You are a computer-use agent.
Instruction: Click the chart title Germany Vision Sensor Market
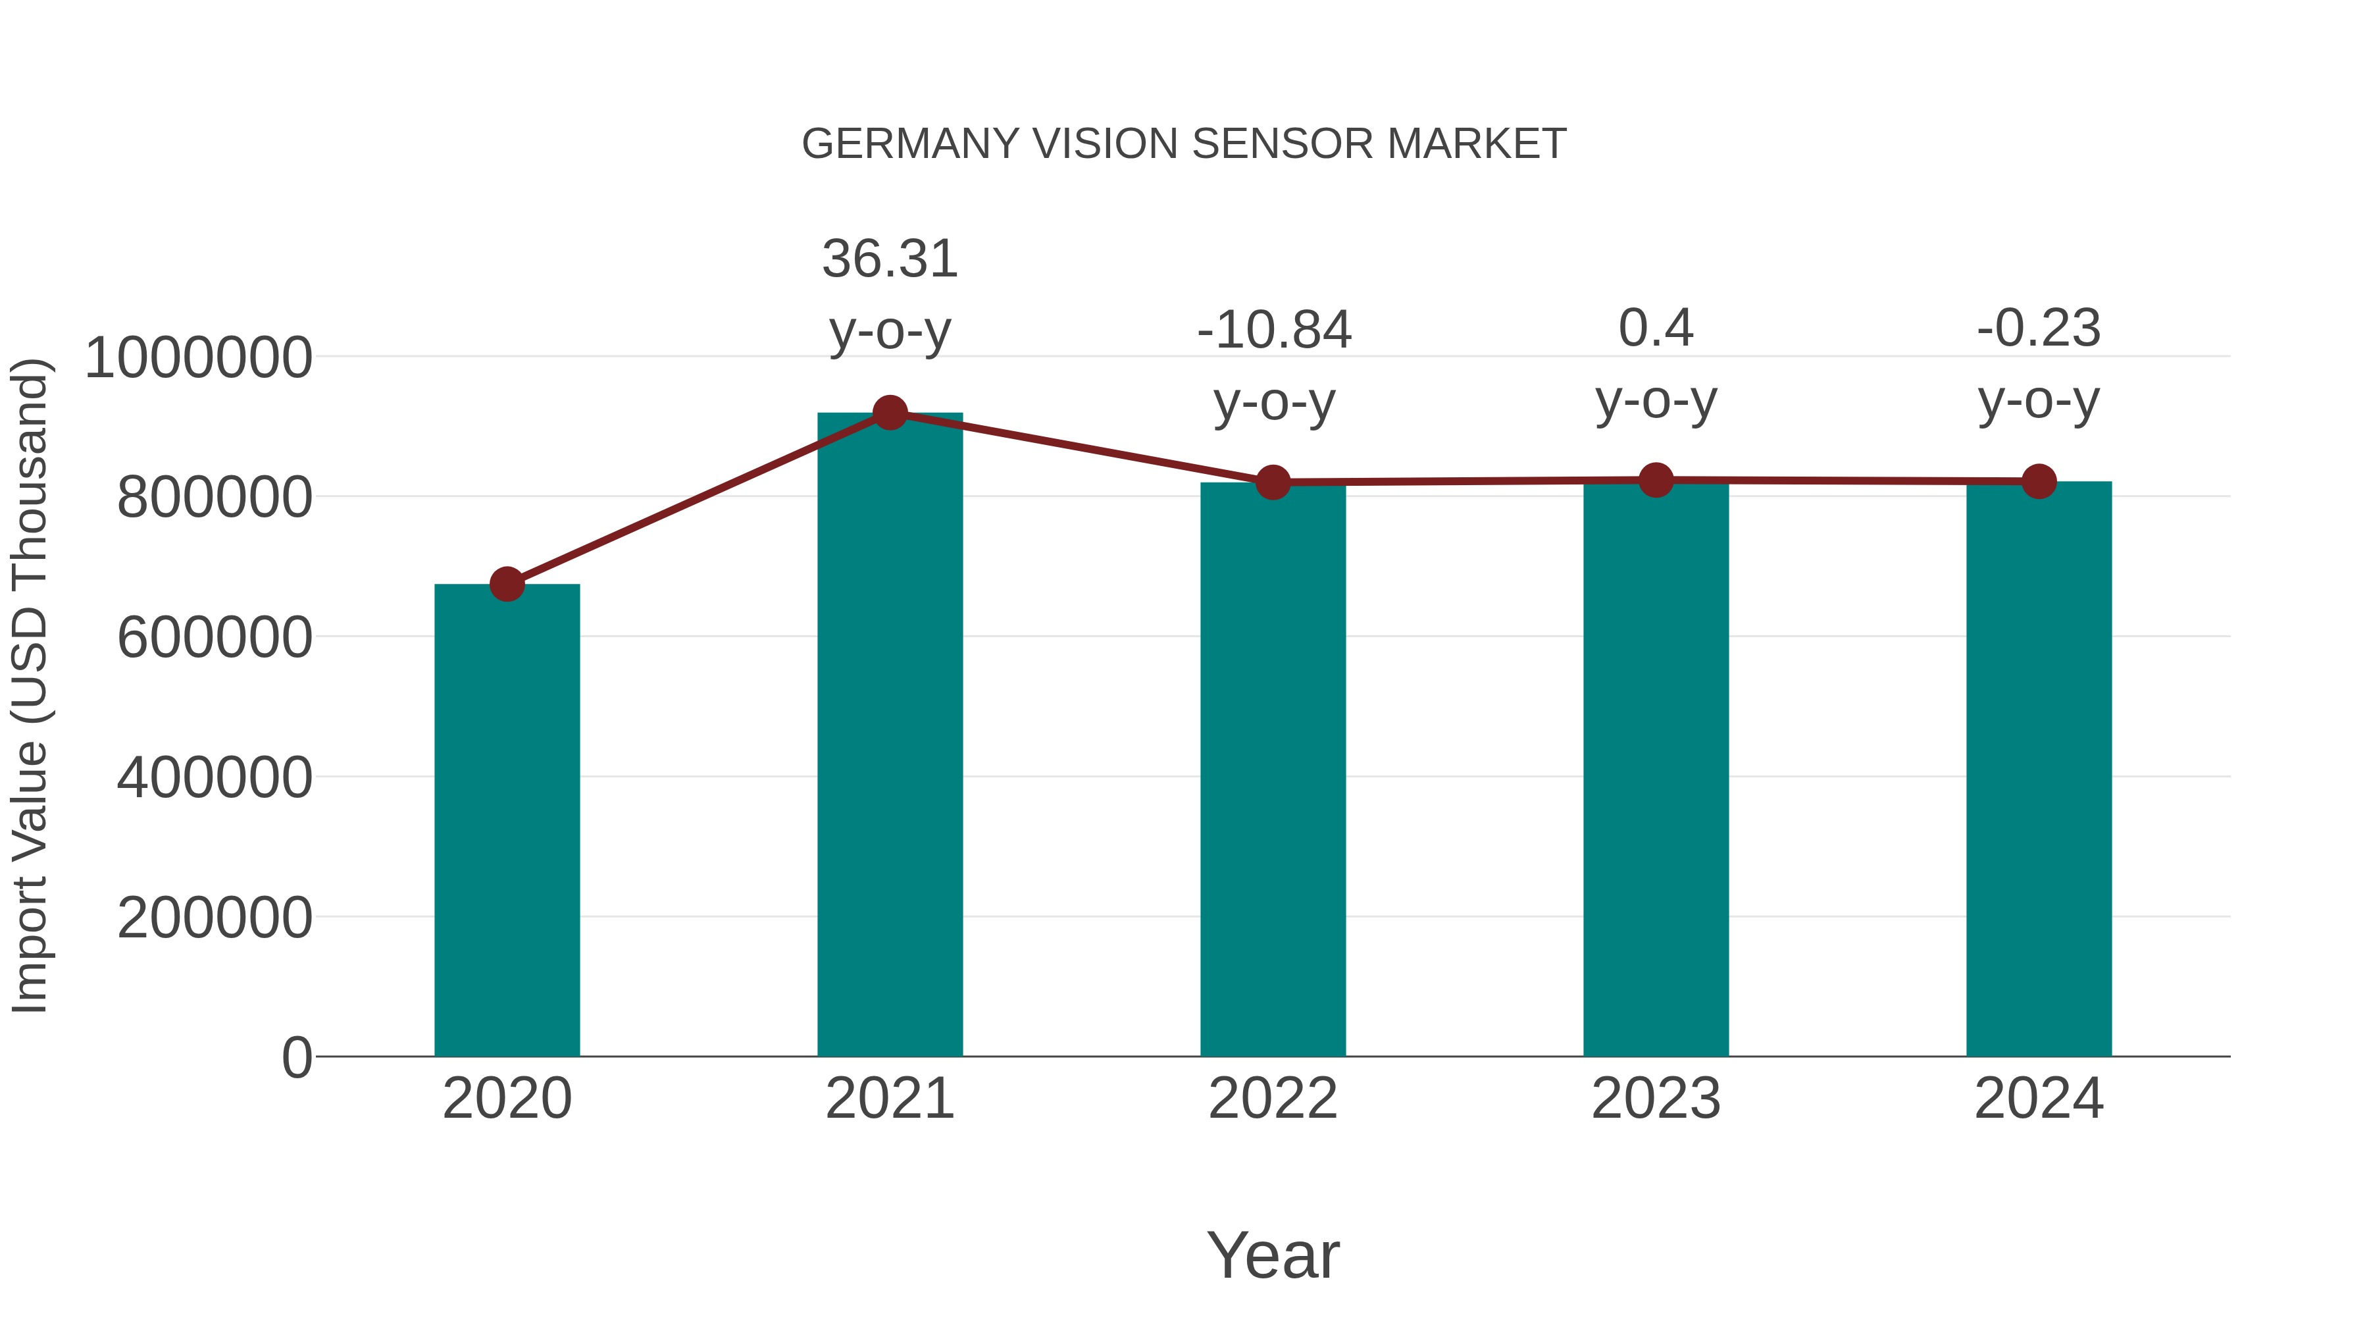1184,144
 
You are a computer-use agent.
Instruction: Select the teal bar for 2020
507,819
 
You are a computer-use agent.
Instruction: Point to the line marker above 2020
507,583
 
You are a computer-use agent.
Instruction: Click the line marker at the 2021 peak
889,413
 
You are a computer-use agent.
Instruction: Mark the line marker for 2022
1273,482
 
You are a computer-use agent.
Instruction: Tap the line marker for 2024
2039,481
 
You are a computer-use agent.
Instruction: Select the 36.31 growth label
889,259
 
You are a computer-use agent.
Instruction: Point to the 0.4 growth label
1656,328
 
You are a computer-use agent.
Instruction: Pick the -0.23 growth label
2039,328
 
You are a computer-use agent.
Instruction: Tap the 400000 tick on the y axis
215,777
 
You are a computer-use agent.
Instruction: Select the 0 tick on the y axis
296,1057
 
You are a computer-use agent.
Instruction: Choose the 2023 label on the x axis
1656,1099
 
